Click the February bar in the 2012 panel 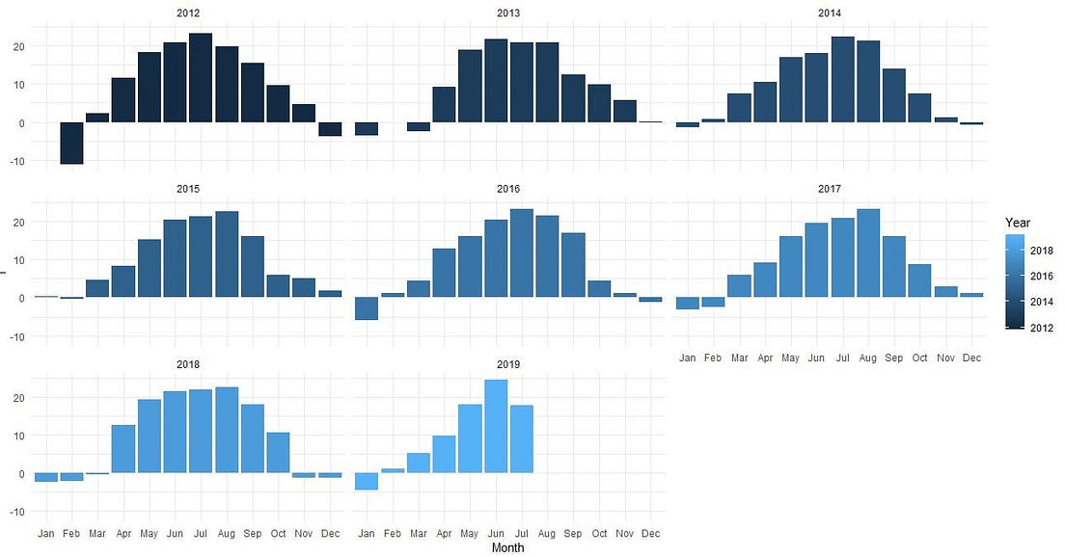click(71, 143)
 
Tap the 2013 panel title click(508, 13)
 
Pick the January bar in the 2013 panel click(367, 128)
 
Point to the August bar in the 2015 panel click(227, 253)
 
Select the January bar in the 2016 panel click(367, 308)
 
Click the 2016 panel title click(508, 188)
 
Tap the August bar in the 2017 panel click(868, 252)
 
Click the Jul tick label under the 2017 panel click(843, 358)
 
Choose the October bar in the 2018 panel click(278, 453)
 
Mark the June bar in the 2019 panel click(496, 426)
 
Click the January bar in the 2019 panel click(367, 481)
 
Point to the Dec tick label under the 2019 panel click(650, 533)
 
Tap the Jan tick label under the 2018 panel click(45, 533)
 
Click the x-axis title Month click(508, 548)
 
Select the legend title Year click(1017, 223)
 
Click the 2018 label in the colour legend click(1042, 251)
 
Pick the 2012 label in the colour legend click(1042, 328)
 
